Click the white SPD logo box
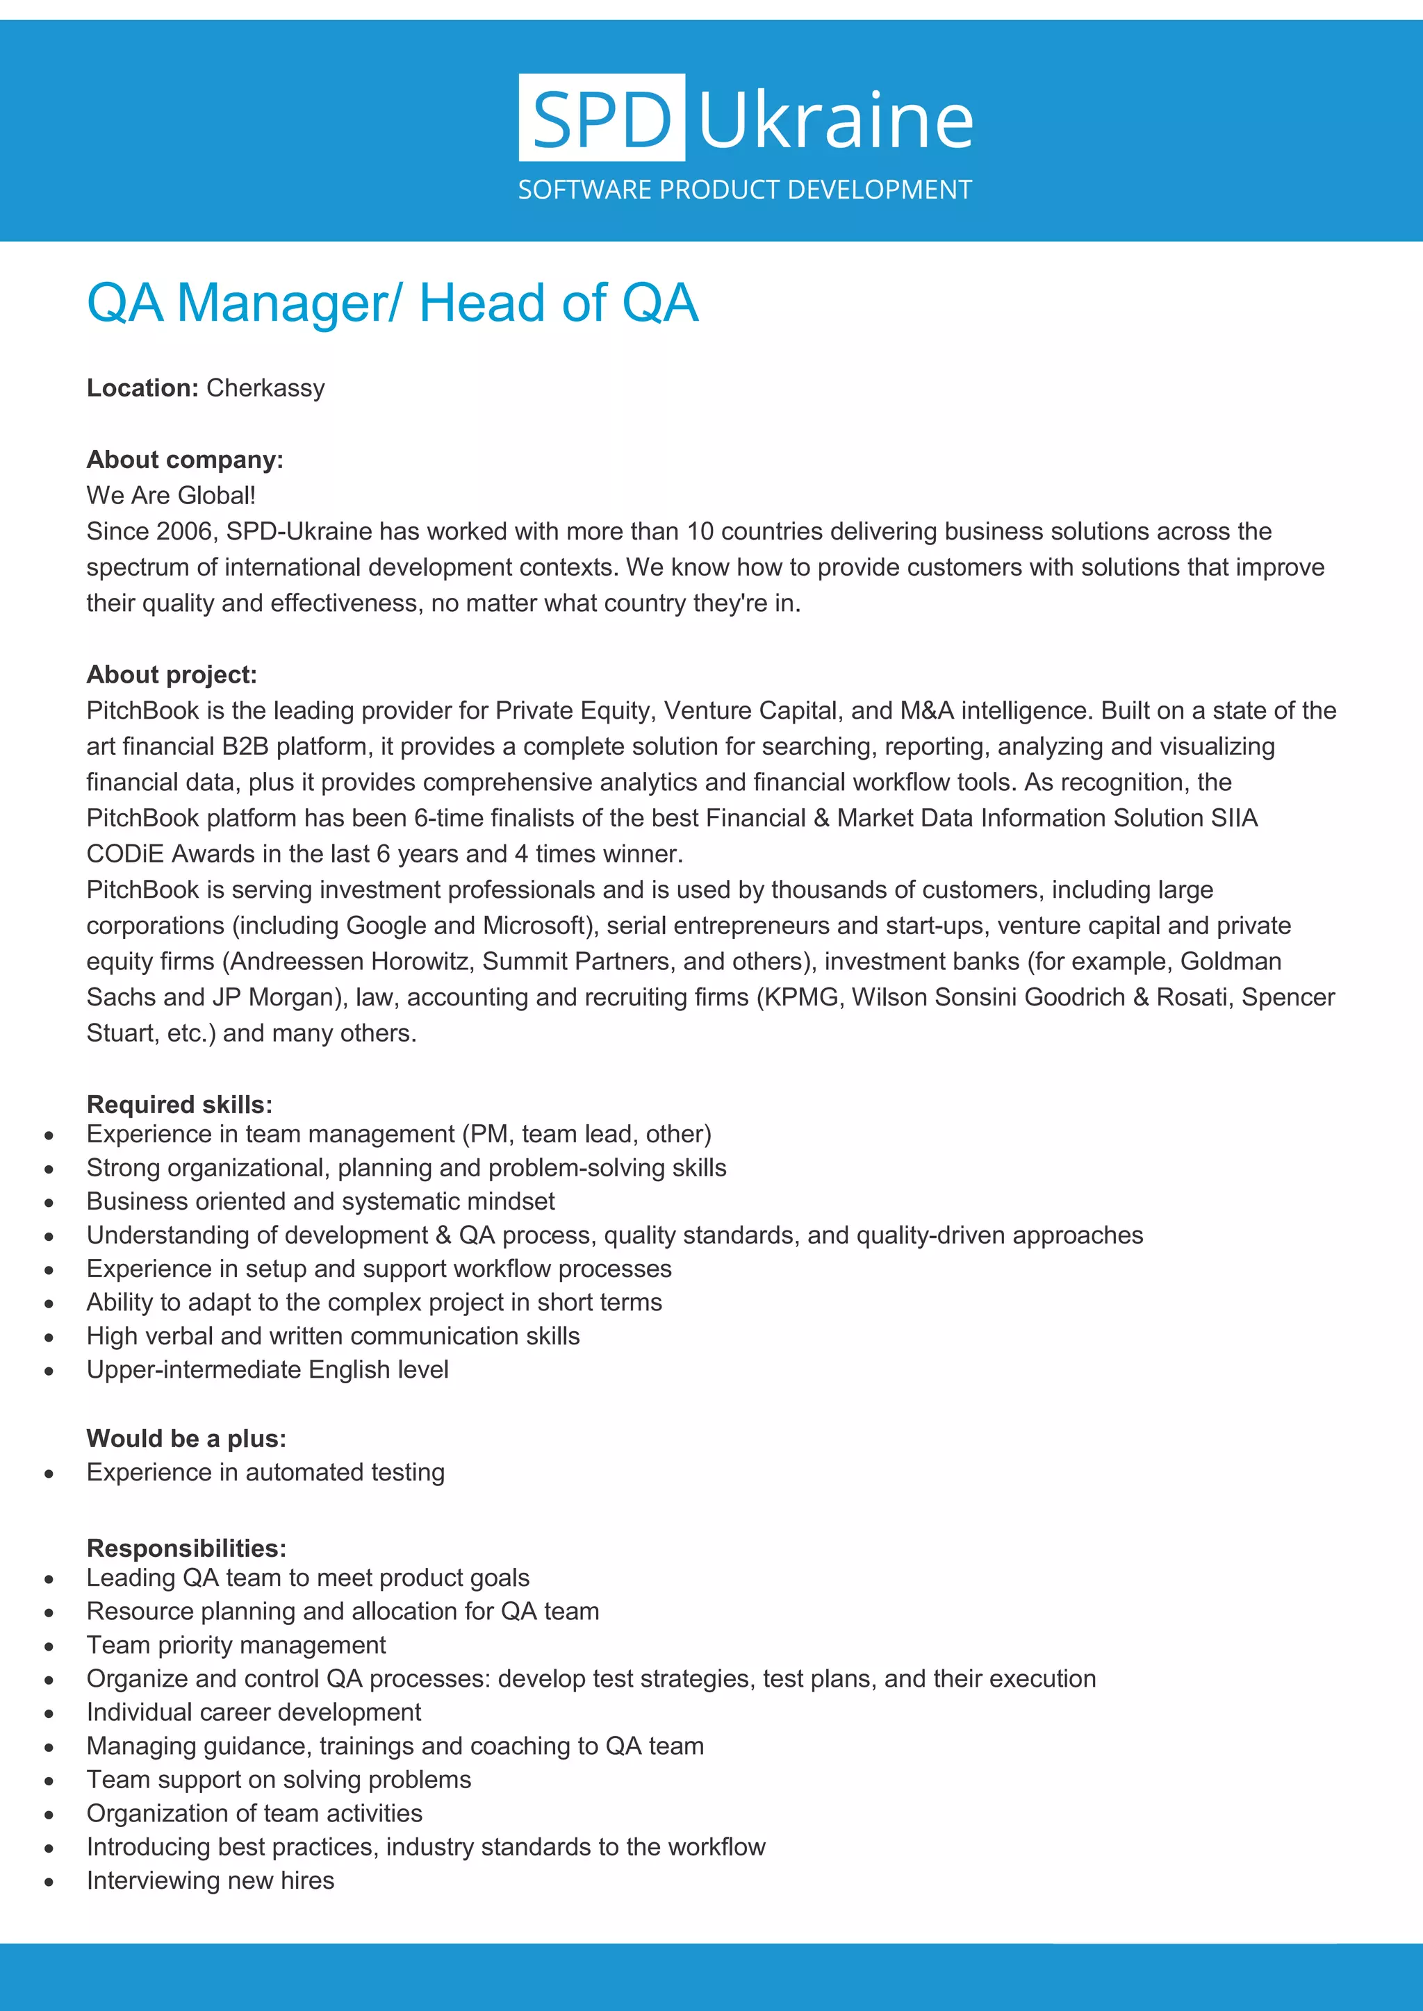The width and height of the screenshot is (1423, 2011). pyautogui.click(x=601, y=117)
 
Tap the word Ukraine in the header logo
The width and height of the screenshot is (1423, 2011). pyautogui.click(x=836, y=120)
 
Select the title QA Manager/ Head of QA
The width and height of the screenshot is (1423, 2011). pyautogui.click(x=392, y=303)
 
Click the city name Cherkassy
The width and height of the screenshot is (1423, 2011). pyautogui.click(x=265, y=388)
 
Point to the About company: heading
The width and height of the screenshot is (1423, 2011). pyautogui.click(x=185, y=460)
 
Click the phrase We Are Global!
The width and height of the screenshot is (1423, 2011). pyautogui.click(x=171, y=496)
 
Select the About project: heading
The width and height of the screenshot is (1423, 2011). pyautogui.click(x=172, y=674)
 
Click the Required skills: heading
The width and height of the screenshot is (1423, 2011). pyautogui.click(x=180, y=1105)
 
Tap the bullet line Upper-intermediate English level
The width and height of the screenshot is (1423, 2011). pyautogui.click(x=268, y=1370)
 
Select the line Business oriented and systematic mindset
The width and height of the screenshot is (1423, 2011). pyautogui.click(x=321, y=1202)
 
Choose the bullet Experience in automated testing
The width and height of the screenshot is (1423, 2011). pyautogui.click(x=265, y=1472)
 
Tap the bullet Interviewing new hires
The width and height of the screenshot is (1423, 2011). pyautogui.click(x=211, y=1880)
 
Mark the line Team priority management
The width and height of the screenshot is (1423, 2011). pyautogui.click(x=236, y=1645)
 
